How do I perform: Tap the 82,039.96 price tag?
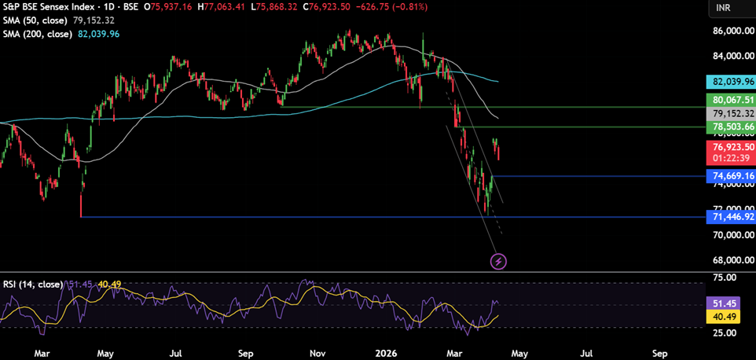pyautogui.click(x=731, y=81)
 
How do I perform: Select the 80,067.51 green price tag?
pyautogui.click(x=731, y=100)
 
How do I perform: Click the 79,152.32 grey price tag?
pyautogui.click(x=731, y=113)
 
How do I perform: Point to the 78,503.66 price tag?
pyautogui.click(x=731, y=127)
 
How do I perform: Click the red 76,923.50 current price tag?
pyautogui.click(x=731, y=147)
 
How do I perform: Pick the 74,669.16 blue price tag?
pyautogui.click(x=731, y=176)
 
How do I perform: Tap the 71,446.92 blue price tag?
pyautogui.click(x=731, y=216)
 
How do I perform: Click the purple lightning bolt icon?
pyautogui.click(x=498, y=260)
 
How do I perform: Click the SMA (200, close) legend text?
pyautogui.click(x=38, y=34)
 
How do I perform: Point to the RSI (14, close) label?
pyautogui.click(x=31, y=283)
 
